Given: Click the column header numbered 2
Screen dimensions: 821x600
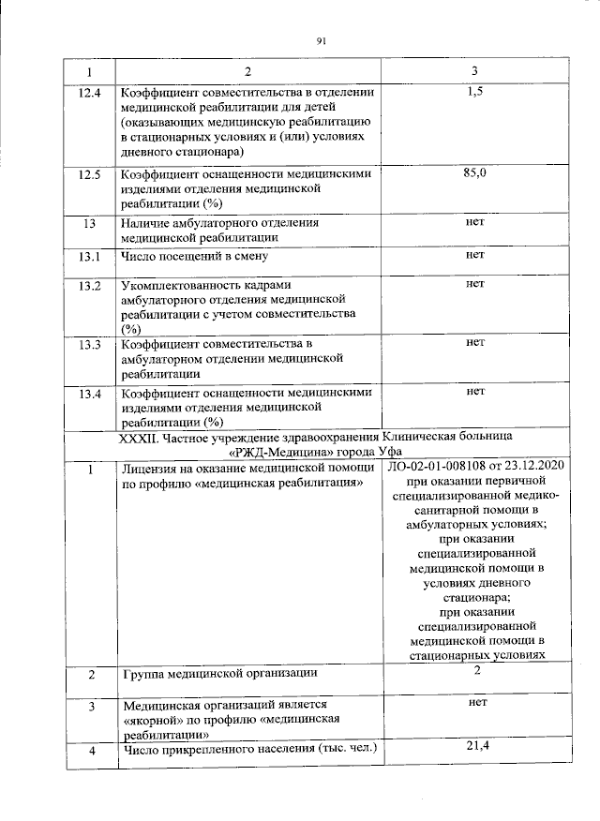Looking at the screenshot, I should click(248, 72).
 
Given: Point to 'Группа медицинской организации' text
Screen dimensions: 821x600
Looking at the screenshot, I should click(219, 674).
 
